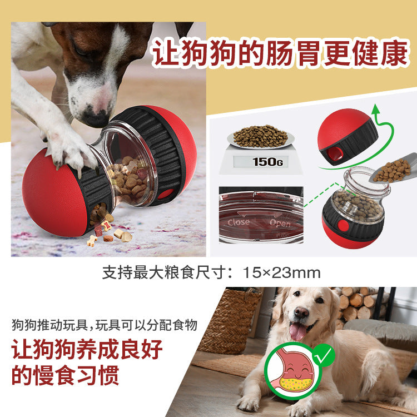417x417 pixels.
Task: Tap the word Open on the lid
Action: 280,223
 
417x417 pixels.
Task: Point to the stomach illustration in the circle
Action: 291,370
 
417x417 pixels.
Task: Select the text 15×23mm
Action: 282,273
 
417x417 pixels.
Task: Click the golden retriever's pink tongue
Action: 298,332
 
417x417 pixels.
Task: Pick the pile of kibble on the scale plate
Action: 260,135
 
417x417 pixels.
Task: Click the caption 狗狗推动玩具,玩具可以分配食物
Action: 105,325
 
